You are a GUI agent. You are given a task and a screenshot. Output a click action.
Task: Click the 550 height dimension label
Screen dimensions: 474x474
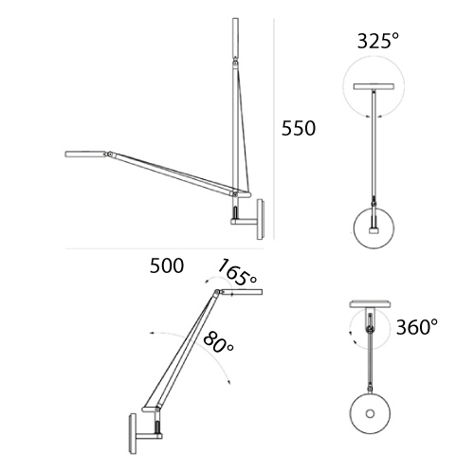tap(299, 128)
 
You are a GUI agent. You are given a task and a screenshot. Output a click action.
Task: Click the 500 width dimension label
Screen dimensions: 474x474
tap(167, 265)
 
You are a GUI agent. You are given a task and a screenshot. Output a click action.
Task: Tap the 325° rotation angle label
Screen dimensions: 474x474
tap(378, 41)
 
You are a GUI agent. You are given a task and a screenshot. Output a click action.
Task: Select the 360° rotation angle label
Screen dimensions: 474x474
tap(417, 327)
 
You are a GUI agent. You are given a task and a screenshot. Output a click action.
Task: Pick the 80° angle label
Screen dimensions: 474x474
tap(219, 342)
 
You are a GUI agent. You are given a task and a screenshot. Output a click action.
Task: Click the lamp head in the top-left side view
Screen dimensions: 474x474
tap(85, 154)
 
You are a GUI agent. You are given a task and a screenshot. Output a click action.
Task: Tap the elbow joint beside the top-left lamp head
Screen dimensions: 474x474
tap(110, 155)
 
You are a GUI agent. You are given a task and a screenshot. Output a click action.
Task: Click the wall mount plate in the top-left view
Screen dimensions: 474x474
tap(261, 219)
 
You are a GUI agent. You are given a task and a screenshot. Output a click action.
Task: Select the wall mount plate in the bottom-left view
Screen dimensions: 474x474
tap(132, 433)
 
